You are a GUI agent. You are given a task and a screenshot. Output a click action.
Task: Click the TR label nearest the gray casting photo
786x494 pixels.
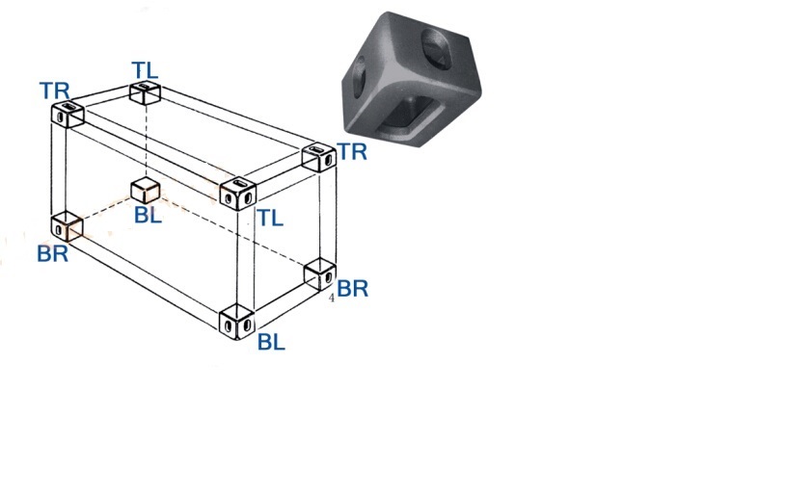pyautogui.click(x=351, y=152)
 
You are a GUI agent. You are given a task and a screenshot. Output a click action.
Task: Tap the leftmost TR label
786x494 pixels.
pyautogui.click(x=54, y=91)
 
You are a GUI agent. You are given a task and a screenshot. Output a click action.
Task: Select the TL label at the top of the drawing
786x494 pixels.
pyautogui.click(x=145, y=69)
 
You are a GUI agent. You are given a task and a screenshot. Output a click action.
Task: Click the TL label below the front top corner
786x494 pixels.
pyautogui.click(x=270, y=219)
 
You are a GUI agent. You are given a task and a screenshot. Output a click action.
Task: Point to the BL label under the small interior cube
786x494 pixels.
pyautogui.click(x=148, y=215)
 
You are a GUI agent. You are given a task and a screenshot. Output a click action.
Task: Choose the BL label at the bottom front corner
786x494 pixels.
pyautogui.click(x=271, y=342)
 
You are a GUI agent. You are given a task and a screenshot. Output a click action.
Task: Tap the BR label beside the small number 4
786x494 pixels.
pyautogui.click(x=353, y=288)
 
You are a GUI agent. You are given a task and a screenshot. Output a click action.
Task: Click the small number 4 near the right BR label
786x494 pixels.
pyautogui.click(x=332, y=299)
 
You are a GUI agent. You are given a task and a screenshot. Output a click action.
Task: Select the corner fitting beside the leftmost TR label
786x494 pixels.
pyautogui.click(x=68, y=114)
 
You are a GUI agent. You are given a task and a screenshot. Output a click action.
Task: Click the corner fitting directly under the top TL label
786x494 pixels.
pyautogui.click(x=145, y=92)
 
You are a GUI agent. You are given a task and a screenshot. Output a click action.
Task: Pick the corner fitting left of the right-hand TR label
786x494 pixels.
pyautogui.click(x=316, y=156)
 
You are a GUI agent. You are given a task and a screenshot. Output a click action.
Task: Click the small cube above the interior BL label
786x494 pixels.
pyautogui.click(x=145, y=189)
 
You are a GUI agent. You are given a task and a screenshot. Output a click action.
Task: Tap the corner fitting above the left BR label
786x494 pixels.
pyautogui.click(x=67, y=226)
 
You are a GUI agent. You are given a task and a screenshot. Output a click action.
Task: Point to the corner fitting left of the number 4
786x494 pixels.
pyautogui.click(x=318, y=273)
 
